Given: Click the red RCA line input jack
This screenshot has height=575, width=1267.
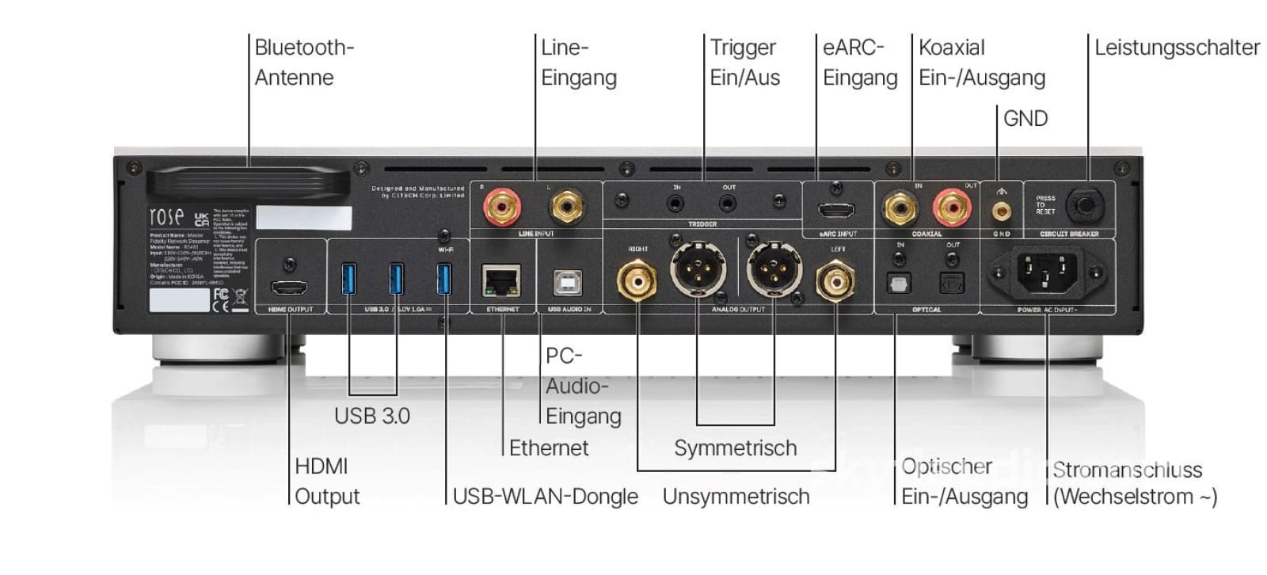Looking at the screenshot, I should (x=503, y=208).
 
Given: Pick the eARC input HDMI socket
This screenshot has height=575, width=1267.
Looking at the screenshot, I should (x=836, y=211).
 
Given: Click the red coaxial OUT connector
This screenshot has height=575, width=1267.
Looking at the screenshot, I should (x=952, y=208).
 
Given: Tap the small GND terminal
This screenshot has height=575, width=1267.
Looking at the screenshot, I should (x=1001, y=211).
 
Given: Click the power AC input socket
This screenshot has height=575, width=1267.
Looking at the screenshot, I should (x=1048, y=273).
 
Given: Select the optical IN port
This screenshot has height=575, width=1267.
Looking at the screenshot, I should (x=899, y=283).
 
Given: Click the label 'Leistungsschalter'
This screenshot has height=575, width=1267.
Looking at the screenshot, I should (x=1177, y=48).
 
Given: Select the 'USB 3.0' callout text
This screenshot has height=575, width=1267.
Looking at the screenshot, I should (x=371, y=416).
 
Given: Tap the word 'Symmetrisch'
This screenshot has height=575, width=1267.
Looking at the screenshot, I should (x=735, y=448).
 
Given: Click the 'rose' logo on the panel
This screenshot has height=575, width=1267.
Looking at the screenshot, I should (x=166, y=216).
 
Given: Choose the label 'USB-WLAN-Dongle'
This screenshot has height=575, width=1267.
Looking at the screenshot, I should (x=545, y=497).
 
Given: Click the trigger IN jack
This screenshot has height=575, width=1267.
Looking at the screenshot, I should (x=676, y=204).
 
